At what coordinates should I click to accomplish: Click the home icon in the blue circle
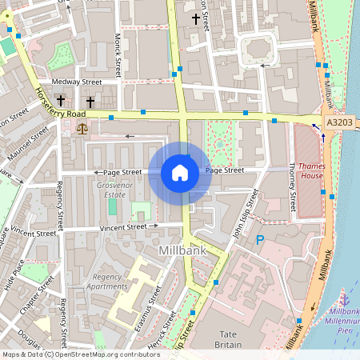[180, 172]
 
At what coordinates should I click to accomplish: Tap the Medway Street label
[77, 82]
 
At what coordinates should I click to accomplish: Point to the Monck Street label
[118, 49]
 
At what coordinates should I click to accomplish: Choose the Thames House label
[310, 170]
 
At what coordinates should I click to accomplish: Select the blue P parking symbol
[259, 239]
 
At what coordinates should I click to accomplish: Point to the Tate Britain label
[228, 338]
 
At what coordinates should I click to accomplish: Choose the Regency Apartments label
[106, 281]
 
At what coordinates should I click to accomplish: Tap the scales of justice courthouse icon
[81, 128]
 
